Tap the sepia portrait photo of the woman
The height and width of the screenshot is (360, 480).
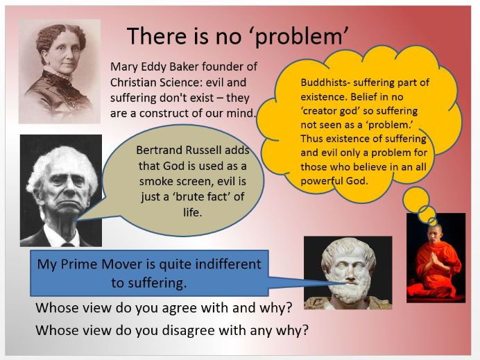tap(60, 71)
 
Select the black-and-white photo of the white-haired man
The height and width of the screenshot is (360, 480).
tap(61, 191)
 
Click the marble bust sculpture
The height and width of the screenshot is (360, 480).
tap(348, 273)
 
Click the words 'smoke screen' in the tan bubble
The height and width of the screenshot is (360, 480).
tap(173, 181)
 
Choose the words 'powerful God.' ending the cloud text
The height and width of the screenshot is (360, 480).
tap(334, 181)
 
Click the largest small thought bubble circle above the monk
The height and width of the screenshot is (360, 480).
tap(416, 199)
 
